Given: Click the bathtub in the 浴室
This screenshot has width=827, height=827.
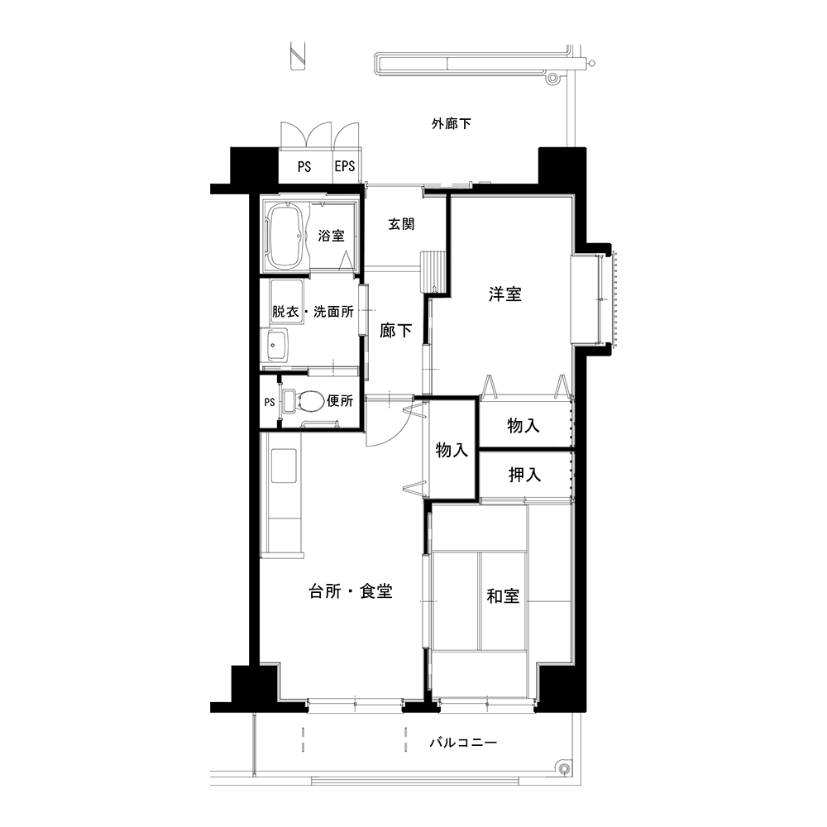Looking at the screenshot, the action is (x=285, y=237).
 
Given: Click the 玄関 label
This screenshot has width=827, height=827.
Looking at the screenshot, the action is (x=401, y=224).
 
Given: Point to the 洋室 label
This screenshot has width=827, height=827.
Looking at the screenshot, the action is (x=505, y=294).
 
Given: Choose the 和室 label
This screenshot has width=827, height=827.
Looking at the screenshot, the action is (x=503, y=596).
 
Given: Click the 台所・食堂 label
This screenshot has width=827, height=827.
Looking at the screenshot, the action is (x=351, y=591).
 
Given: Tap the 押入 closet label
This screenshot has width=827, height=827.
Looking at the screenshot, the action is (x=525, y=475).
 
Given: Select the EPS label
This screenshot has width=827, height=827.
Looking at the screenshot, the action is (x=345, y=167).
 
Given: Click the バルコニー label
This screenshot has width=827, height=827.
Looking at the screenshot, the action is (x=463, y=743).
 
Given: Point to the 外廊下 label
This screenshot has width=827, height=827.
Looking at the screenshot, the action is (x=452, y=123).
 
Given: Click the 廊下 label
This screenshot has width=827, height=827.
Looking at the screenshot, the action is (x=395, y=331).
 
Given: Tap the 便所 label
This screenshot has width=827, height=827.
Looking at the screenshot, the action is (x=340, y=401).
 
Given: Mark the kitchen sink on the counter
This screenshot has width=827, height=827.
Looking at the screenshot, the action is (x=284, y=466).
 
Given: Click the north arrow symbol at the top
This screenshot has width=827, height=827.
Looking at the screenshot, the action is (x=298, y=55).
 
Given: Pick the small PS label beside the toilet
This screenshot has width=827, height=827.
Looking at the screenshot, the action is (x=270, y=403).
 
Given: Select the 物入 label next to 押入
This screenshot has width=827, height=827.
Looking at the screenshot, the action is (x=523, y=425).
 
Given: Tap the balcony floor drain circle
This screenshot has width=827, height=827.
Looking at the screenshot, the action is (x=564, y=768).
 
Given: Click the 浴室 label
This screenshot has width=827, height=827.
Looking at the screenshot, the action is (x=332, y=235).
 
